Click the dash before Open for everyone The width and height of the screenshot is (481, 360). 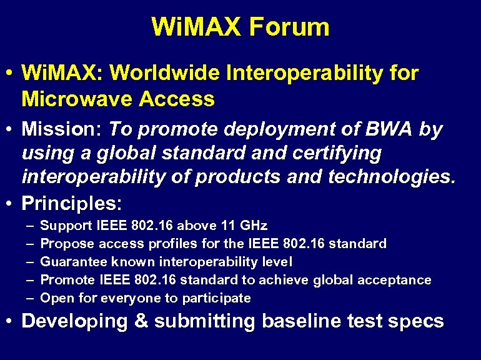tap(31, 298)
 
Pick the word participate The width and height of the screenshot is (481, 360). tap(221, 298)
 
